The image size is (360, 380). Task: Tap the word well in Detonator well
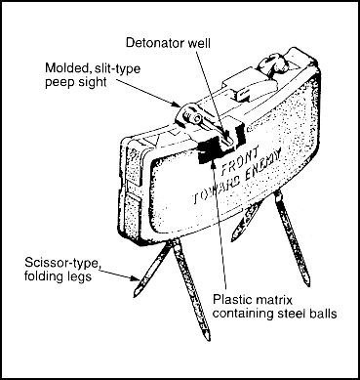[198, 43]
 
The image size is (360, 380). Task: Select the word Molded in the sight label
[66, 68]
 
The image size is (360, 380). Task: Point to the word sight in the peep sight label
[93, 82]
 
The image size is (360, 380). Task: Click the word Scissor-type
[62, 263]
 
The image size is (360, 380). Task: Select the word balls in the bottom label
[322, 314]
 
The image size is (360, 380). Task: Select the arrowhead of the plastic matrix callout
[214, 163]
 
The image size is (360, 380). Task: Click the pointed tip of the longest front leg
[208, 340]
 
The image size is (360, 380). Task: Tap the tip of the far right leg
[307, 285]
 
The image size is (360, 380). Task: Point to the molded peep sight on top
[189, 115]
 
